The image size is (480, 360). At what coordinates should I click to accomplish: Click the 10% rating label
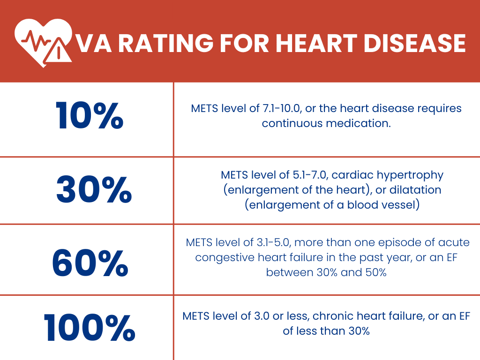click(x=89, y=116)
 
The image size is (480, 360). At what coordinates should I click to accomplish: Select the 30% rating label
click(x=94, y=190)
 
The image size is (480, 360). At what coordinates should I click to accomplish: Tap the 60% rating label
click(x=90, y=262)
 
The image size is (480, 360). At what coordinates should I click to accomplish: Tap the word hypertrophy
click(x=414, y=175)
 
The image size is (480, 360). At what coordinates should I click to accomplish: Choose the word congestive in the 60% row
click(x=219, y=257)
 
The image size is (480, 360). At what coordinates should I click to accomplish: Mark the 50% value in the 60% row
click(x=375, y=272)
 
